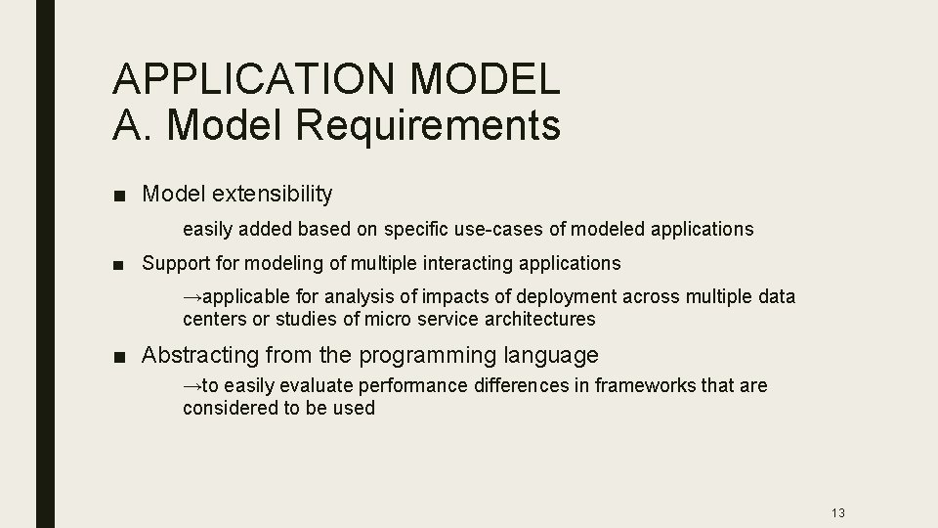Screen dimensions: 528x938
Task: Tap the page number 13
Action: (x=837, y=513)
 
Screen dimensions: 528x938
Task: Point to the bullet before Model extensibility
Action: (x=117, y=195)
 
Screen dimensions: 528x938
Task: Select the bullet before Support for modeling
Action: (x=117, y=263)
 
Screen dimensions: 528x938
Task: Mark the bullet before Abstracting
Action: (x=117, y=356)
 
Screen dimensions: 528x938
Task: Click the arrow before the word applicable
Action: (x=192, y=296)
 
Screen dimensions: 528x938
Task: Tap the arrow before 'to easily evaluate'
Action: (x=192, y=386)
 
